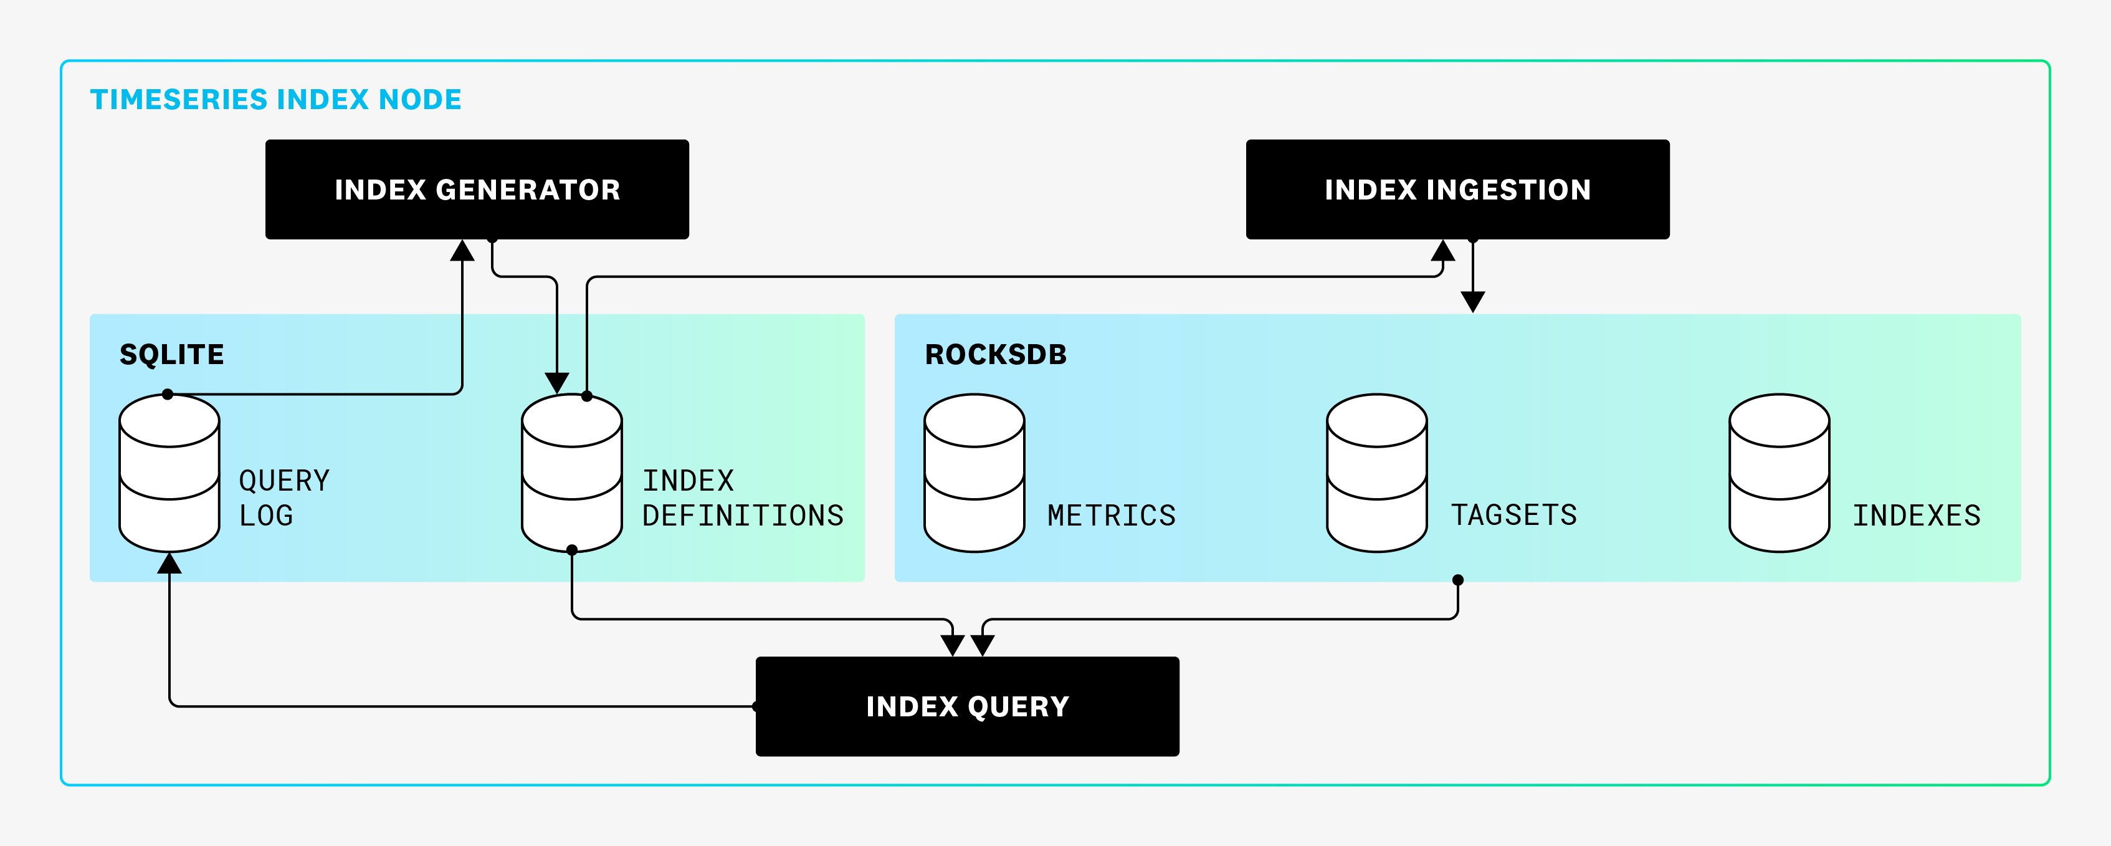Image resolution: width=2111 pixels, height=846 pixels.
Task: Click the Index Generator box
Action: [477, 190]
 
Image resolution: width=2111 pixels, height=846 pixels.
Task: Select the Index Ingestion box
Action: [1457, 190]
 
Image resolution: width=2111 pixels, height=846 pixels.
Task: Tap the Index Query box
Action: [967, 706]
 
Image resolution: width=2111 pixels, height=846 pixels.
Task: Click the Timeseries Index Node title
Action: [275, 99]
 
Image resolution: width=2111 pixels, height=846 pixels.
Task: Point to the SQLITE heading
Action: [171, 354]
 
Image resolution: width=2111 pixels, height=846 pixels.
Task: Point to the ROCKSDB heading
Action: [996, 354]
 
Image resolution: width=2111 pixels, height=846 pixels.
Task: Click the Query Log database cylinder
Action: [169, 473]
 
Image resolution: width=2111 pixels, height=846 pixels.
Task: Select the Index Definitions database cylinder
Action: [571, 473]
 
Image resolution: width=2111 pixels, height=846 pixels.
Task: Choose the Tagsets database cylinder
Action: [1377, 473]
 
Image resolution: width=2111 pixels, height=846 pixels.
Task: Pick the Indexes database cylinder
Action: [1779, 473]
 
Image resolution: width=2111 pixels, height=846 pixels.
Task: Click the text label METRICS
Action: [1111, 516]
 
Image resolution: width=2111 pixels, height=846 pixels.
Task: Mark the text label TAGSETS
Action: [1513, 515]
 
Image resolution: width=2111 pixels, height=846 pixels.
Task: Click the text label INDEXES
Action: [1917, 516]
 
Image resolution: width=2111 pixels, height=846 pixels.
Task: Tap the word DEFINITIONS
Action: [743, 516]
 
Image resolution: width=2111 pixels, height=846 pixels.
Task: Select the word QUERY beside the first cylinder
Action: [284, 481]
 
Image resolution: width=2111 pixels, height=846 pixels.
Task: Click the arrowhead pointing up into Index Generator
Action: [462, 251]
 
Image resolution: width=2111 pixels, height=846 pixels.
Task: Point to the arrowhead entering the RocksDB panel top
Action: [1472, 302]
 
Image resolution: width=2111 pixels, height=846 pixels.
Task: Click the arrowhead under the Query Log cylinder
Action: [169, 563]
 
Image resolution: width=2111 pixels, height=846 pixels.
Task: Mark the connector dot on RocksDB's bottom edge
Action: [1457, 580]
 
